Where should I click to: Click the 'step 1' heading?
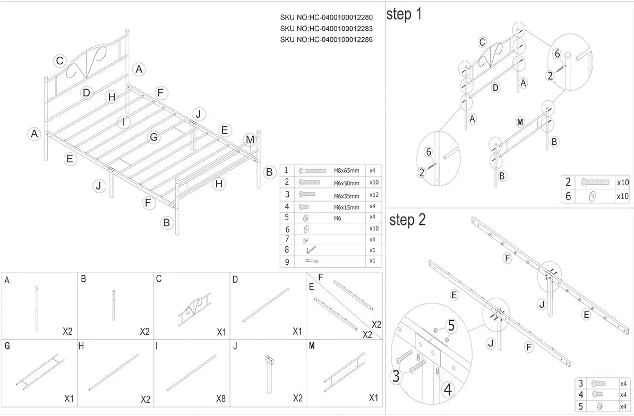click(x=404, y=14)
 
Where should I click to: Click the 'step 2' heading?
click(x=407, y=220)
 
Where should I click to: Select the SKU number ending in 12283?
click(x=327, y=29)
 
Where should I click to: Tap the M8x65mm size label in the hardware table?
click(x=346, y=171)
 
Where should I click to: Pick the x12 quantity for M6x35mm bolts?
click(x=374, y=195)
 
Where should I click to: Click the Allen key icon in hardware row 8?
click(x=311, y=250)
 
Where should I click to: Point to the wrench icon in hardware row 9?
click(x=312, y=261)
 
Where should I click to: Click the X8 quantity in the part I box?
click(x=220, y=399)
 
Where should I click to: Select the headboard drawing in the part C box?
click(x=194, y=309)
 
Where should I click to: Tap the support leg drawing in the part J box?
click(x=269, y=374)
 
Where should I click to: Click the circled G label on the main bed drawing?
click(x=153, y=137)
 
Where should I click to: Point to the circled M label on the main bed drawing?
click(x=250, y=140)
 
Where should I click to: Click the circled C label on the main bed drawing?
click(x=60, y=61)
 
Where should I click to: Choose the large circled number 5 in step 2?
click(x=451, y=325)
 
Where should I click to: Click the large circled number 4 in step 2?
click(x=448, y=390)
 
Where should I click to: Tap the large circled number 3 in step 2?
click(x=396, y=376)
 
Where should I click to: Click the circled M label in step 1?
click(x=520, y=122)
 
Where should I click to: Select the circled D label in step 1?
click(x=496, y=88)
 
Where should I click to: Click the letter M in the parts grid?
click(x=312, y=346)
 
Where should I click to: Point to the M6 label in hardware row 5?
click(x=337, y=219)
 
